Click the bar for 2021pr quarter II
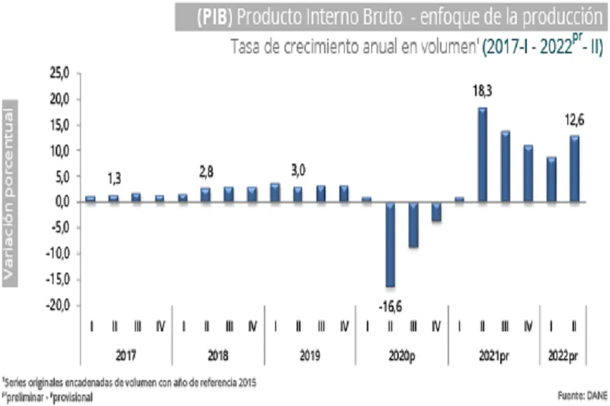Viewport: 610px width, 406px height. tap(482, 155)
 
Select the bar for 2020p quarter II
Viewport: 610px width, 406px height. tap(390, 245)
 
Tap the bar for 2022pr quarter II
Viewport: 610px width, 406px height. tap(574, 169)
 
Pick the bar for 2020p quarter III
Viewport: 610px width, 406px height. tap(413, 225)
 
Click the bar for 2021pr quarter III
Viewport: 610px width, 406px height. tap(505, 166)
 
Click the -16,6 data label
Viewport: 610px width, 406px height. tap(390, 305)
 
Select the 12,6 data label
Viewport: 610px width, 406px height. tap(573, 119)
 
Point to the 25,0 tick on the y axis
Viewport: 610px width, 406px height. tap(59, 73)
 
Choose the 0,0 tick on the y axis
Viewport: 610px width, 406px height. tap(62, 203)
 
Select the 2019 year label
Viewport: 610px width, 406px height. tap(310, 355)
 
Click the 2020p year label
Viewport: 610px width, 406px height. tap(402, 355)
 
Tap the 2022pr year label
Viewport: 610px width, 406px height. tap(563, 355)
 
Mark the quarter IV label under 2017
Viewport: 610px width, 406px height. tap(159, 327)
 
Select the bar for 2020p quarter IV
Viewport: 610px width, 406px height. tap(435, 212)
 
